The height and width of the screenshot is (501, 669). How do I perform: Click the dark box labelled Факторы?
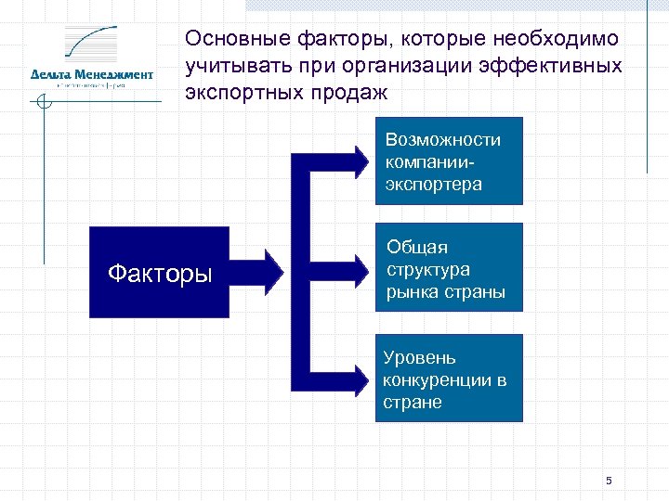coord(159,274)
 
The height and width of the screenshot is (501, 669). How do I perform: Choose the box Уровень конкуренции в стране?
coord(449,379)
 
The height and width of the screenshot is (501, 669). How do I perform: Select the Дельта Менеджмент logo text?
coord(91,74)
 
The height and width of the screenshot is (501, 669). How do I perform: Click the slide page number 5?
coord(609,481)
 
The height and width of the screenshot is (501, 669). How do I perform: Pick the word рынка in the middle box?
coord(412,292)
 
